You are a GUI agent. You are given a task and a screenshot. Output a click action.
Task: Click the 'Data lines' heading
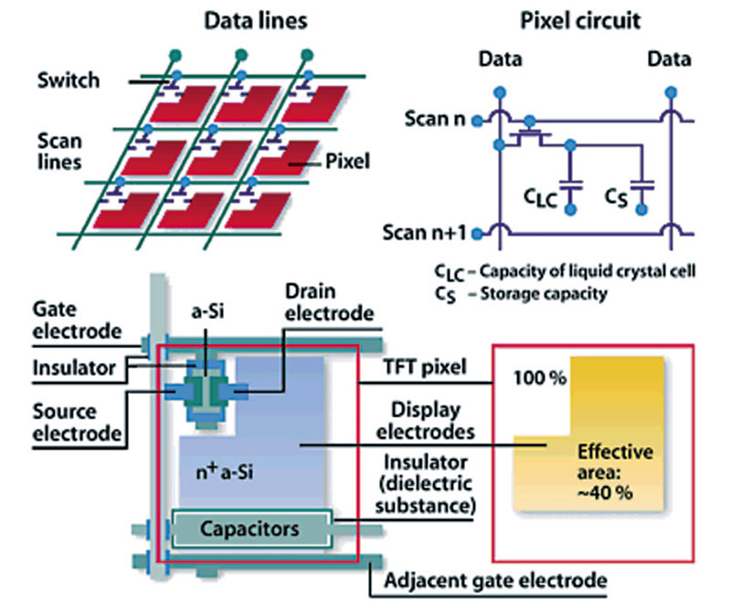coord(256,21)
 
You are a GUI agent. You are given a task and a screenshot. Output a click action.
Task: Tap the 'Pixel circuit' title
coord(580,21)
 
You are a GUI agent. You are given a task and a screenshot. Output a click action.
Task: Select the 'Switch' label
coord(69,80)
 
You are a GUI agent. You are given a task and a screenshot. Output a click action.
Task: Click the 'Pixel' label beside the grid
coord(348,162)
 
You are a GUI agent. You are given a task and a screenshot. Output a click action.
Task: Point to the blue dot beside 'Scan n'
coord(477,121)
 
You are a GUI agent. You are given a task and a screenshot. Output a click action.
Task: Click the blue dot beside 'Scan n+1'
coord(477,234)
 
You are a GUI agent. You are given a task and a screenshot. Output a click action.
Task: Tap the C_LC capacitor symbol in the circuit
coord(570,185)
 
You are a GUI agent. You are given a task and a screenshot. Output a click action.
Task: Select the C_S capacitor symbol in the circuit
coord(642,186)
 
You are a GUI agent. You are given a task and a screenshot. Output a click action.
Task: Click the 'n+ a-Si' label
coord(225,472)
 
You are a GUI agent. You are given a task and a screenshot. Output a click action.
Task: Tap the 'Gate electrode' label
coord(77,321)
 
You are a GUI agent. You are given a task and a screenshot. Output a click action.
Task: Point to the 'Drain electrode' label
coord(330,303)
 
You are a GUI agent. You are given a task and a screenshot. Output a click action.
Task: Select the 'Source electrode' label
coord(77,422)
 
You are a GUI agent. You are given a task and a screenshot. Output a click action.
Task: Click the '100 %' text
coord(540,377)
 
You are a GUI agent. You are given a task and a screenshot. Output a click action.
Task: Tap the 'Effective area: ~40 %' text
coord(615,472)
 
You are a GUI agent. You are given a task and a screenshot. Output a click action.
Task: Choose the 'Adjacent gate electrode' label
coord(495,580)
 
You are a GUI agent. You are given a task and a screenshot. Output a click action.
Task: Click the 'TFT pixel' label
coord(425,367)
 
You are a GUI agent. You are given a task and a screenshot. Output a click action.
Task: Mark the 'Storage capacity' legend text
coord(544,293)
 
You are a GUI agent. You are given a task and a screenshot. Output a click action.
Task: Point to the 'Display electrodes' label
coord(426,420)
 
